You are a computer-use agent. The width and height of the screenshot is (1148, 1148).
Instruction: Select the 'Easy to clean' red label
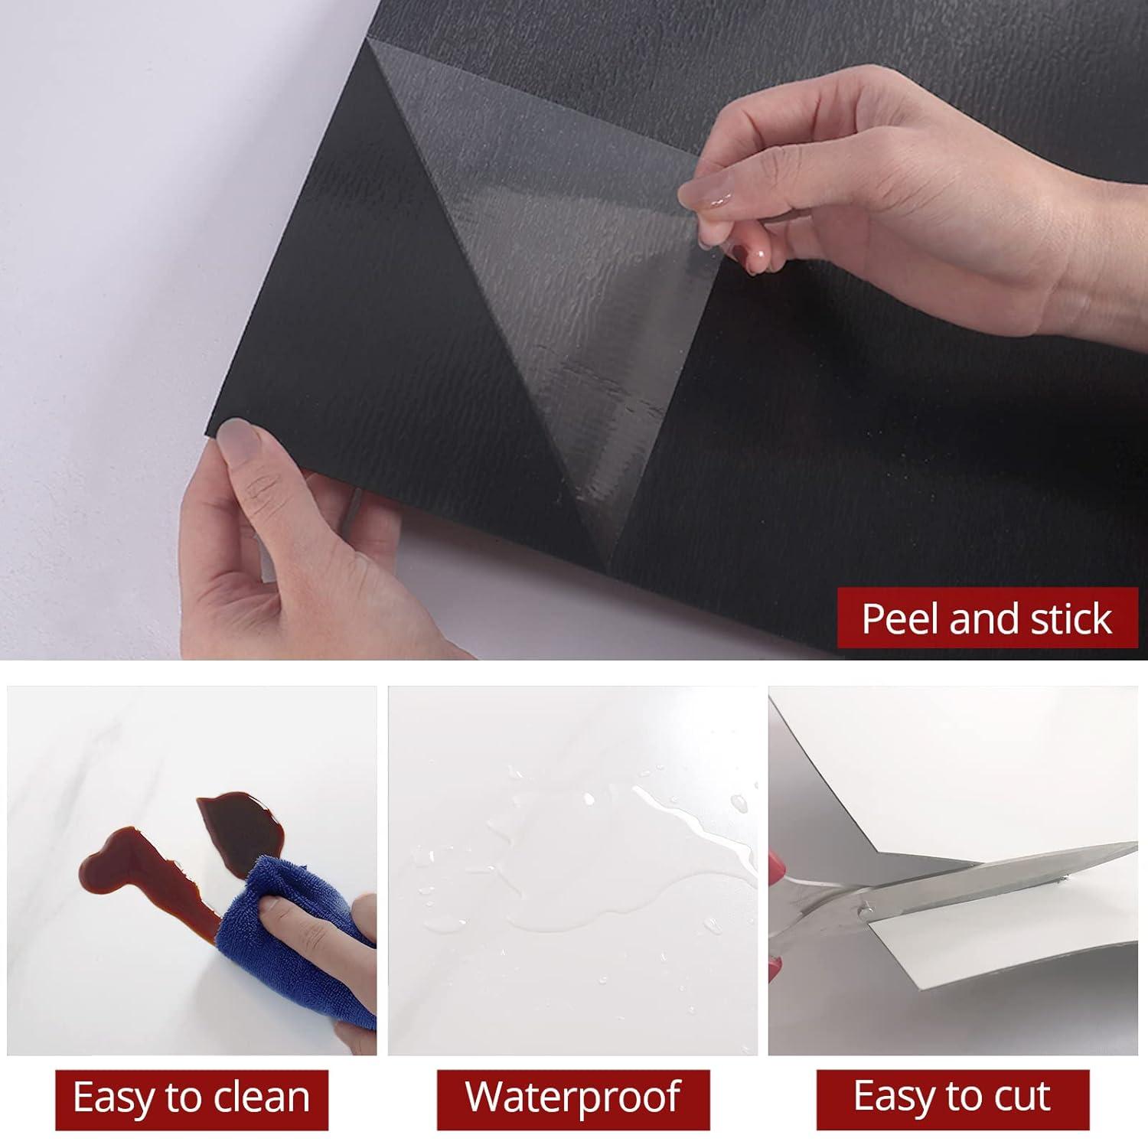click(x=191, y=1098)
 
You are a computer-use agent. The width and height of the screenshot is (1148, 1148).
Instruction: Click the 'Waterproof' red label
click(x=572, y=1098)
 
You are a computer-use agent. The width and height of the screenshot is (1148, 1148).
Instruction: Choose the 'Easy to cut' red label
click(x=952, y=1098)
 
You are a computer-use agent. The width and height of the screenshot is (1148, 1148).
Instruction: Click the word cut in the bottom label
click(x=1022, y=1098)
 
